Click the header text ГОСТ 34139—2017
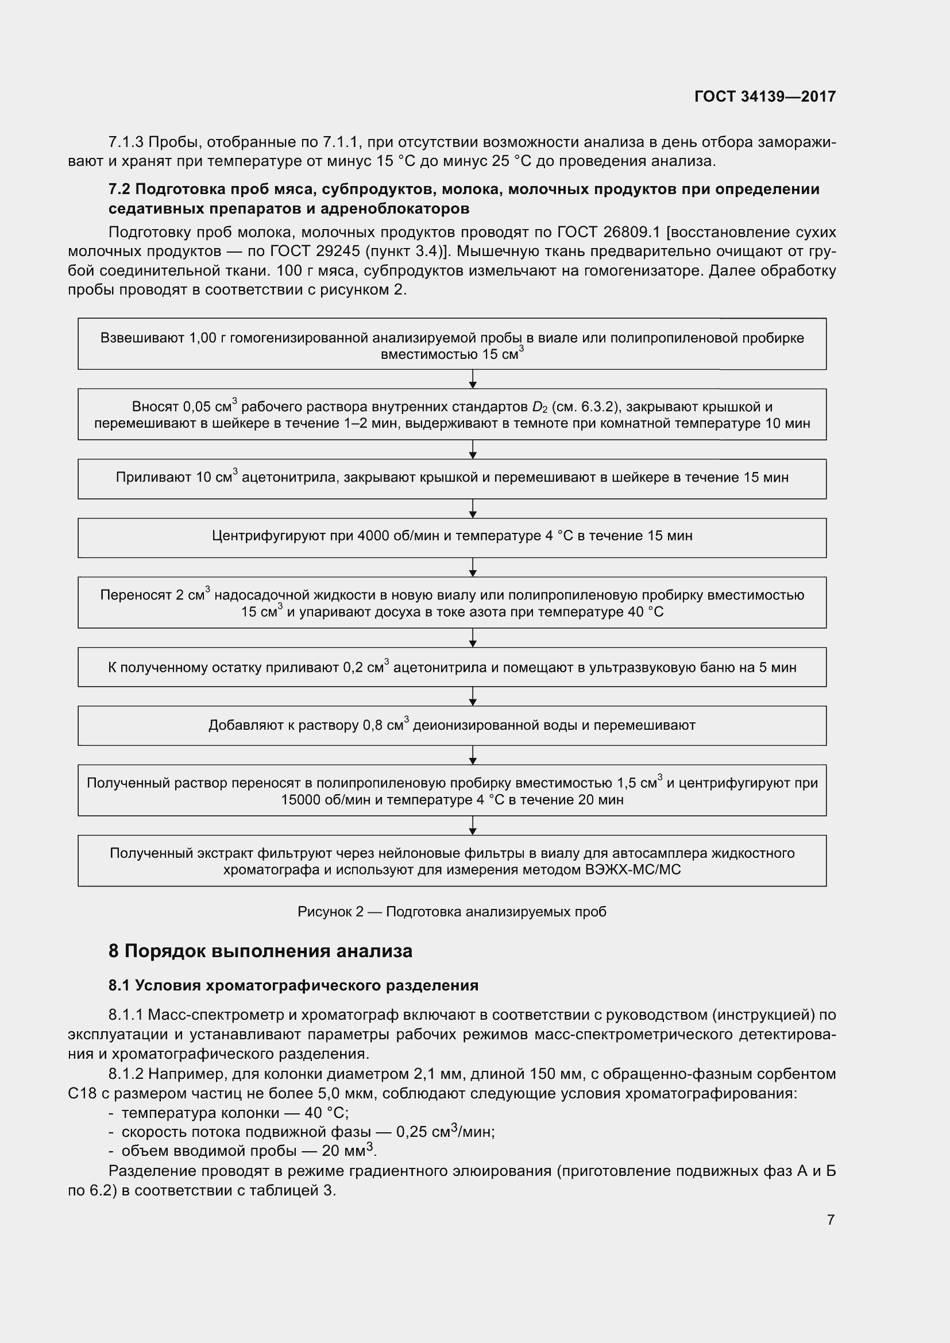764,96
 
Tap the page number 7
830,1220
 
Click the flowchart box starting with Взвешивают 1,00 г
451,345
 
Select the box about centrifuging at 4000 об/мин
451,537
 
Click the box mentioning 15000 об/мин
451,790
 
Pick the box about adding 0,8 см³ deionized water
451,725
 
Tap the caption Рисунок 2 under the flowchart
451,911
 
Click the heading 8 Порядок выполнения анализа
260,951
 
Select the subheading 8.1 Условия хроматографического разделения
293,986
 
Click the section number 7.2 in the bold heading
119,189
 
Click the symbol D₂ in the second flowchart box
539,407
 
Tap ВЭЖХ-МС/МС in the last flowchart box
633,870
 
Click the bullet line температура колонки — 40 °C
234,1113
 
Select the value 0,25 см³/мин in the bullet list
445,1132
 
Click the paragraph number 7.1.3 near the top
126,142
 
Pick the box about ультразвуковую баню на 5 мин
451,667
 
